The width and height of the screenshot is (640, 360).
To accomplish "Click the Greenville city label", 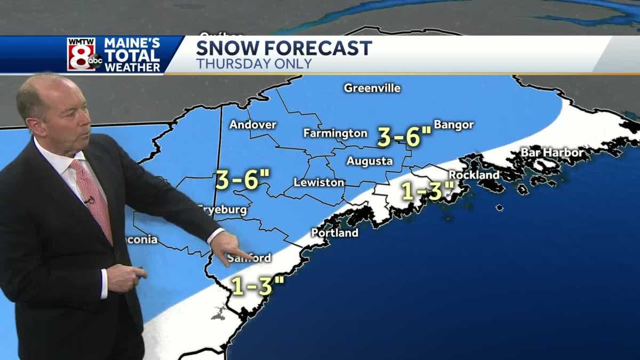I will pyautogui.click(x=372, y=88).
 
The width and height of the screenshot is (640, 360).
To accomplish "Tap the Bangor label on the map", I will pyautogui.click(x=454, y=125).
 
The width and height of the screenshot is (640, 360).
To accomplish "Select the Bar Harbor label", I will pyautogui.click(x=552, y=153).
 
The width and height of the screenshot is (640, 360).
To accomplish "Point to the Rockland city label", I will pyautogui.click(x=474, y=174).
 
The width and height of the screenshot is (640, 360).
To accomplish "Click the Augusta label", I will pyautogui.click(x=370, y=161).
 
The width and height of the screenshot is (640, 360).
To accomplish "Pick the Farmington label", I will pyautogui.click(x=335, y=133).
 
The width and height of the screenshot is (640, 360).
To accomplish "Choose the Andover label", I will pyautogui.click(x=253, y=125).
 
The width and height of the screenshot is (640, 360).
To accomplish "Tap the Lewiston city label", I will pyautogui.click(x=319, y=182).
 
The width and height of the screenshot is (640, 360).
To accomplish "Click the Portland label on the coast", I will pyautogui.click(x=335, y=233).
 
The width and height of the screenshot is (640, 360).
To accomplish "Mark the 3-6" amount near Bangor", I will pyautogui.click(x=404, y=137).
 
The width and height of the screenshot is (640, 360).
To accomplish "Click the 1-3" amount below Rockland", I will pyautogui.click(x=428, y=191).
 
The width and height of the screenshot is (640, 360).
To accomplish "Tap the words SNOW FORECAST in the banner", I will pyautogui.click(x=284, y=49).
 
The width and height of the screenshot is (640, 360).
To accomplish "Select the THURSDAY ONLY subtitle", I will pyautogui.click(x=254, y=64).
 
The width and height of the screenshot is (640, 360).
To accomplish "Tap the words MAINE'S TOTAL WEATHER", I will pyautogui.click(x=132, y=54).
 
